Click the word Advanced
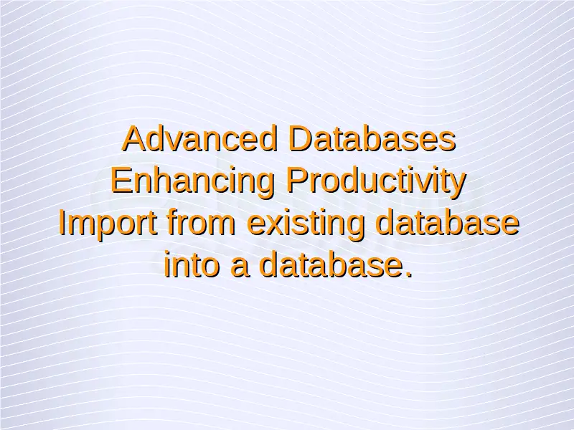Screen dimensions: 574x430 point(199,138)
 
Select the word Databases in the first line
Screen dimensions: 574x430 point(372,138)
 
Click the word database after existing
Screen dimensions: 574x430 point(448,221)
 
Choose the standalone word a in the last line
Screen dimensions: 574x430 point(240,267)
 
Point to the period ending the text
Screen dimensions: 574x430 point(409,274)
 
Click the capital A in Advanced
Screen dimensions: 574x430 point(135,138)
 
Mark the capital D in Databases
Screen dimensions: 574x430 point(301,138)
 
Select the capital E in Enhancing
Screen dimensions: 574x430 point(121,180)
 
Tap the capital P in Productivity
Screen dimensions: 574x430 point(297,180)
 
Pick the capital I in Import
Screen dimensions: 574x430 point(62,221)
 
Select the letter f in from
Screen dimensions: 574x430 point(173,221)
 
